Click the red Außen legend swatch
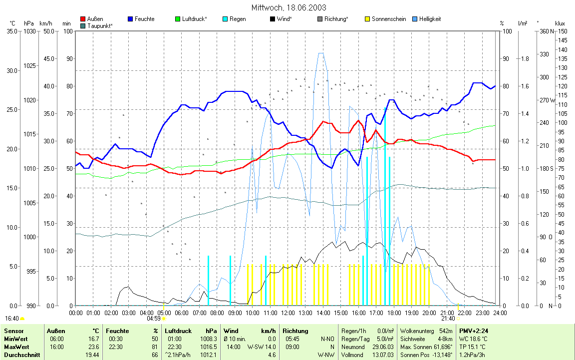pyautogui.click(x=83, y=19)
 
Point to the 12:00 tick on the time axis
pyautogui.click(x=287, y=313)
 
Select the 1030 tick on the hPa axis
pyautogui.click(x=29, y=31)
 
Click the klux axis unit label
pyautogui.click(x=560, y=23)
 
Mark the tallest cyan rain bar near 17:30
pyautogui.click(x=385, y=200)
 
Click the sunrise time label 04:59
pyautogui.click(x=153, y=318)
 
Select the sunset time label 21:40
pyautogui.click(x=448, y=318)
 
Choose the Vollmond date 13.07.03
pyautogui.click(x=383, y=355)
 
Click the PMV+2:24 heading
pyautogui.click(x=474, y=331)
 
